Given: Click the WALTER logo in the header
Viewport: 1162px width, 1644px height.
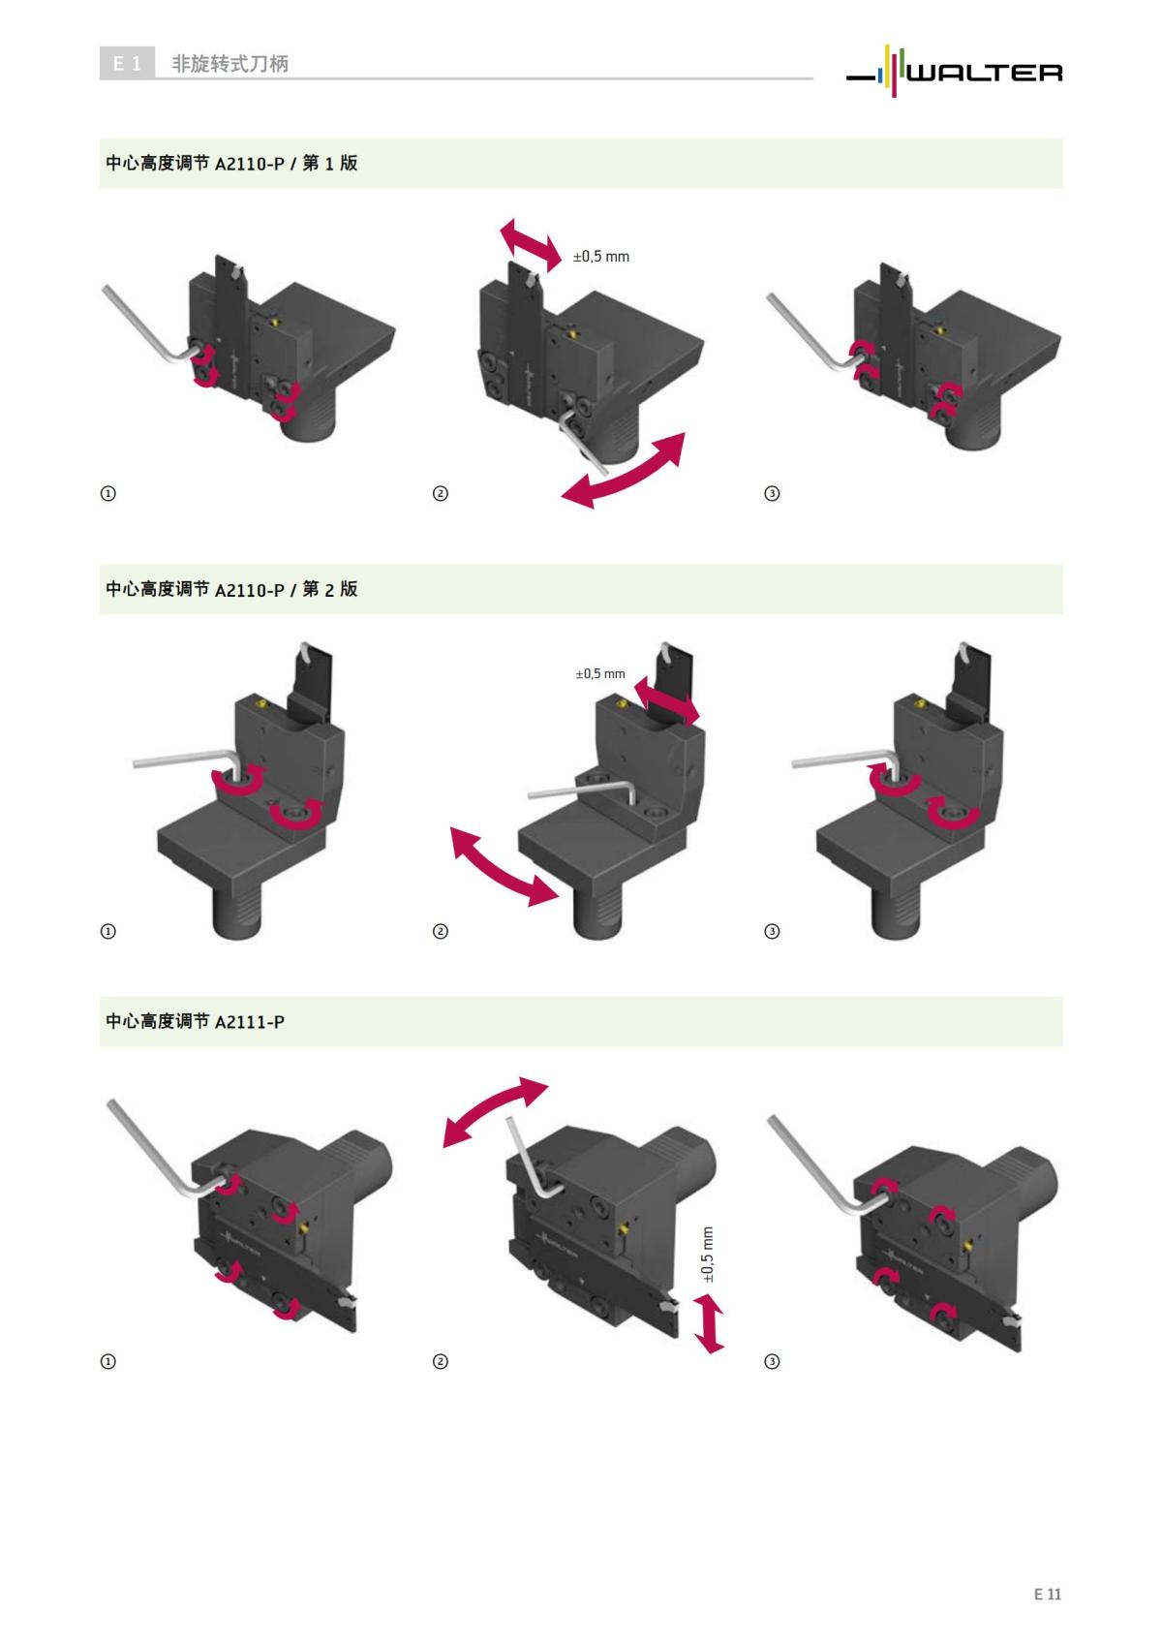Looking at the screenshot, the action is pos(954,71).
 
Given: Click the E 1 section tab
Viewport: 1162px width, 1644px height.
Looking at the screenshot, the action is pos(127,63).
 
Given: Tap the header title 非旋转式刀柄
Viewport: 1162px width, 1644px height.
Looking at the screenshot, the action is pos(229,64).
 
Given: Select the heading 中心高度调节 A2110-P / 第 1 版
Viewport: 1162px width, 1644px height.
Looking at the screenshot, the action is pos(231,163).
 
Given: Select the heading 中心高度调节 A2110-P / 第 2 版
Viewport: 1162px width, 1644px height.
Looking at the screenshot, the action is pos(231,589).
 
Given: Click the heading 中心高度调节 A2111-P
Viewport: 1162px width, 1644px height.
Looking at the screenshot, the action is pos(195,1021).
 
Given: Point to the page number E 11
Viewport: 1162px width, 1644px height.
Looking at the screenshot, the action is pos(1048,1594).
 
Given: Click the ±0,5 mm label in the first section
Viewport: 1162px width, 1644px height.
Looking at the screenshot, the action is pos(600,256).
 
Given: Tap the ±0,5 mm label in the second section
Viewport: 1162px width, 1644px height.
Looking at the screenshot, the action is pos(600,673).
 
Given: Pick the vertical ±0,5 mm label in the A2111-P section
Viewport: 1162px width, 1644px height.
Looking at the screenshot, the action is pos(707,1255).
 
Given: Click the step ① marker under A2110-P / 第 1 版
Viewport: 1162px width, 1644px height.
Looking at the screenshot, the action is pos(107,493).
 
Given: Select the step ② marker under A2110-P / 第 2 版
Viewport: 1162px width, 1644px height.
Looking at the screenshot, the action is pos(441,931).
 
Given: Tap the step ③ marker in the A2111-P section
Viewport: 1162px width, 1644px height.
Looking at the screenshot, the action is pos(772,1361).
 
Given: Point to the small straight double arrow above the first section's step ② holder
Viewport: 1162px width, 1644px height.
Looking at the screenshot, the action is pos(531,244).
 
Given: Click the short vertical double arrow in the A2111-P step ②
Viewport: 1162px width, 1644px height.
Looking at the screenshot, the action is pos(709,1324).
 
